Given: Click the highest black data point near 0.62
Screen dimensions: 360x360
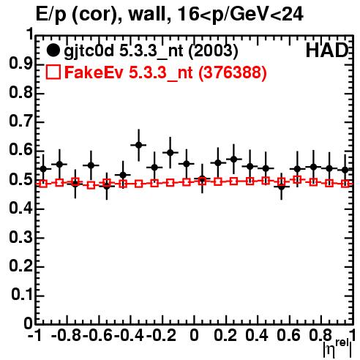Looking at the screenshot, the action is point(139,145).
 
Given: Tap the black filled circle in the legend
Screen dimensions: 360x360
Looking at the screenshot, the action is point(53,50).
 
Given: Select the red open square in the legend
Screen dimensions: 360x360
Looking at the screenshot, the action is point(53,72).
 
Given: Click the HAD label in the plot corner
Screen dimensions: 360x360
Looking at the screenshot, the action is point(327,50).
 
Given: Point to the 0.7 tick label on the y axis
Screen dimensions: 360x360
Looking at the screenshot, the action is point(21,121).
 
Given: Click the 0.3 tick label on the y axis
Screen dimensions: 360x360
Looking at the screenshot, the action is point(21,236).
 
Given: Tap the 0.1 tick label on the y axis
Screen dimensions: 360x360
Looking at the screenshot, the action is point(22,294).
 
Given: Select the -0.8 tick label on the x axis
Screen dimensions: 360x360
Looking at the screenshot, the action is point(67,335).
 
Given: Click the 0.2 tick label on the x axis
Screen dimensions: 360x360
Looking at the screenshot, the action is point(225,335).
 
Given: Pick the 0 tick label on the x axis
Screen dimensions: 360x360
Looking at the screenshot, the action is point(194,335).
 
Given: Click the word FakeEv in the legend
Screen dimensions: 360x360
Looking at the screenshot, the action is point(94,72).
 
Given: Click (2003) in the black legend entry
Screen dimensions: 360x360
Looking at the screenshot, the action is point(213,51).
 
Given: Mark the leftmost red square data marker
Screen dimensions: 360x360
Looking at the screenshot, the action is point(43,184).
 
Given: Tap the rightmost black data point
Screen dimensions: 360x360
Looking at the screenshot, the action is point(345,170).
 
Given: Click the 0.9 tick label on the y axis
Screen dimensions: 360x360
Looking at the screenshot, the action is point(21,63).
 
